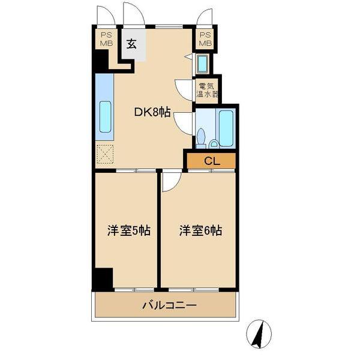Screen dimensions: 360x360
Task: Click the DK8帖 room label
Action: (152, 112)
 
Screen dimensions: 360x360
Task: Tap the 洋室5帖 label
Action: (128, 230)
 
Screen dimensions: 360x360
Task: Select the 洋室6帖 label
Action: (200, 230)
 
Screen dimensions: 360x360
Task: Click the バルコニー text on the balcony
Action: (169, 305)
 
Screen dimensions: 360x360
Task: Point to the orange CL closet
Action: (211, 160)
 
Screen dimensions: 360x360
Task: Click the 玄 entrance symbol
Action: (131, 44)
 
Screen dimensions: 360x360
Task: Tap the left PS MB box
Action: (106, 40)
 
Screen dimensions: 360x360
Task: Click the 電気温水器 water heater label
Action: (207, 89)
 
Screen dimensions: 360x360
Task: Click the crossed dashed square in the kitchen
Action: (104, 154)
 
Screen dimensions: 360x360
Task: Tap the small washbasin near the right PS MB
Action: (203, 64)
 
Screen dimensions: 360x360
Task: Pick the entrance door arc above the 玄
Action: (134, 14)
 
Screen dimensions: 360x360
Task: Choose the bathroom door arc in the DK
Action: (183, 123)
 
